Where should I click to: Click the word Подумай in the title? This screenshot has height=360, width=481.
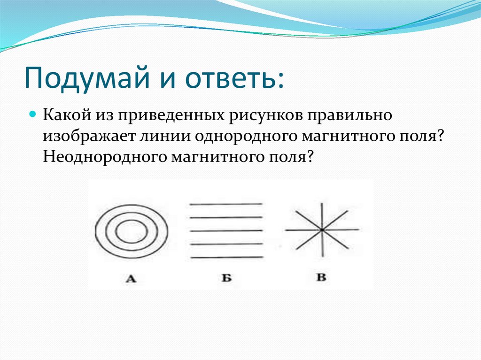tap(86, 77)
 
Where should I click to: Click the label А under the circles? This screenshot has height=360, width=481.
tap(131, 279)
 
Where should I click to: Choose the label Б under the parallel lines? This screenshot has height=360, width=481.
tap(226, 278)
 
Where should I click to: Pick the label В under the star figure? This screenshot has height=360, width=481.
tap(321, 277)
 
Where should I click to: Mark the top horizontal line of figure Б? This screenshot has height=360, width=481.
tap(226, 204)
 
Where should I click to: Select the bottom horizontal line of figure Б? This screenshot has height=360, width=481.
tap(227, 257)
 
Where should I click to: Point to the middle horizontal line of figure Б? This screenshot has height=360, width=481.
tap(227, 230)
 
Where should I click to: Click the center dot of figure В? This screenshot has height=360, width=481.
tap(322, 230)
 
